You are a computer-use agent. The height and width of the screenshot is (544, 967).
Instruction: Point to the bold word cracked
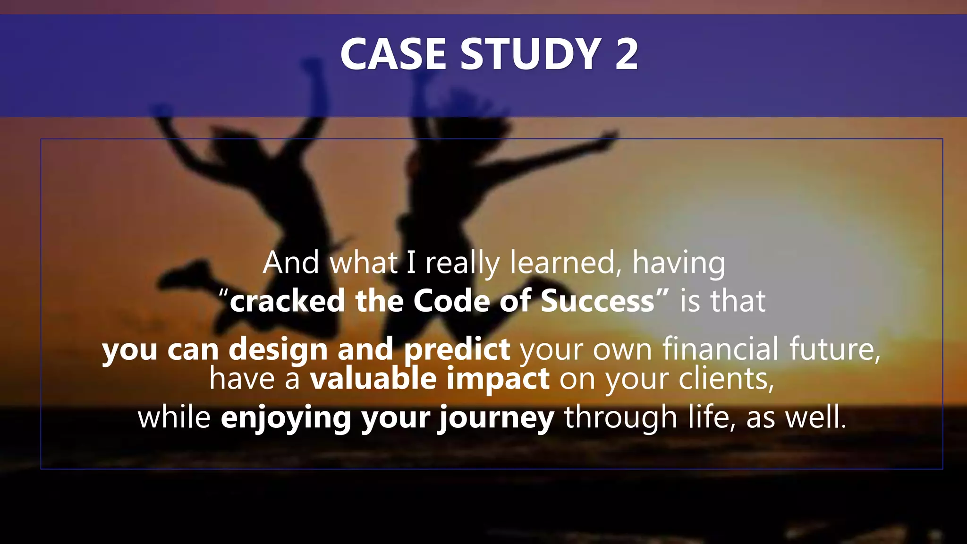pos(287,301)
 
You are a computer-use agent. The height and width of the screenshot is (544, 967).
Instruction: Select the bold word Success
pos(597,301)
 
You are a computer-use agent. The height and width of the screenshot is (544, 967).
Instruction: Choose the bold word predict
pos(457,349)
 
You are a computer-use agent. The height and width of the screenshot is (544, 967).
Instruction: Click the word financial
pos(720,349)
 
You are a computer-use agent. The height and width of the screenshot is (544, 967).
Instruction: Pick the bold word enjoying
pos(286,418)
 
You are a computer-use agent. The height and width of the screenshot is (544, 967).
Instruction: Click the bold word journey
pos(496,418)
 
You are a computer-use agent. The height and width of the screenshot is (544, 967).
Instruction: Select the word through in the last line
pos(620,418)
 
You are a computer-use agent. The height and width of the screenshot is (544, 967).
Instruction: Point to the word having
pos(679,263)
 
